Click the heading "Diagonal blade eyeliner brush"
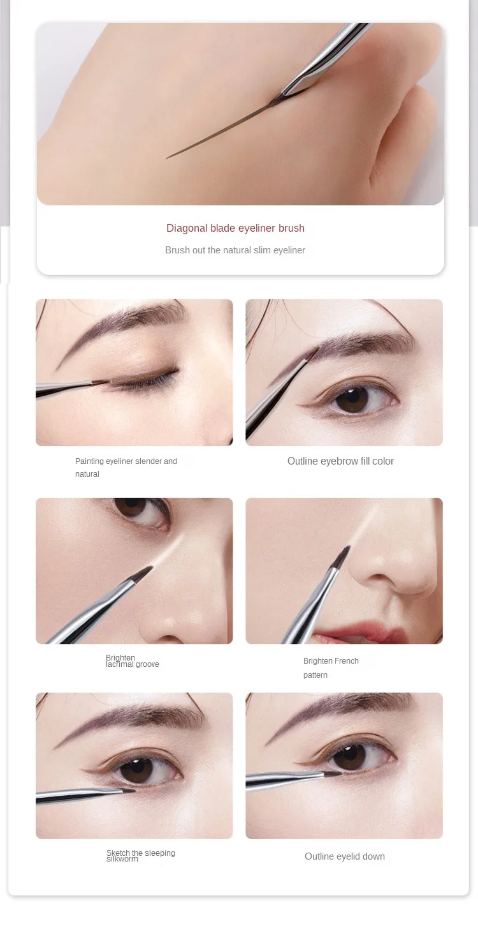[x=235, y=228]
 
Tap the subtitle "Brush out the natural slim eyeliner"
[x=235, y=250]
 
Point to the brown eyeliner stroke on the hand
[x=221, y=130]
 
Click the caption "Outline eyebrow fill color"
[x=340, y=461]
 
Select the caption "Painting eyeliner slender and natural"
[x=126, y=467]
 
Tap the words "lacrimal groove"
[x=133, y=664]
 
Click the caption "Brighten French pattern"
[x=331, y=668]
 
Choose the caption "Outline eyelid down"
[x=344, y=856]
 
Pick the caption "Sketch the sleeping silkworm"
[x=141, y=856]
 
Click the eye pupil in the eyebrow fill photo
[x=352, y=399]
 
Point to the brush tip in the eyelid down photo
[x=333, y=774]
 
